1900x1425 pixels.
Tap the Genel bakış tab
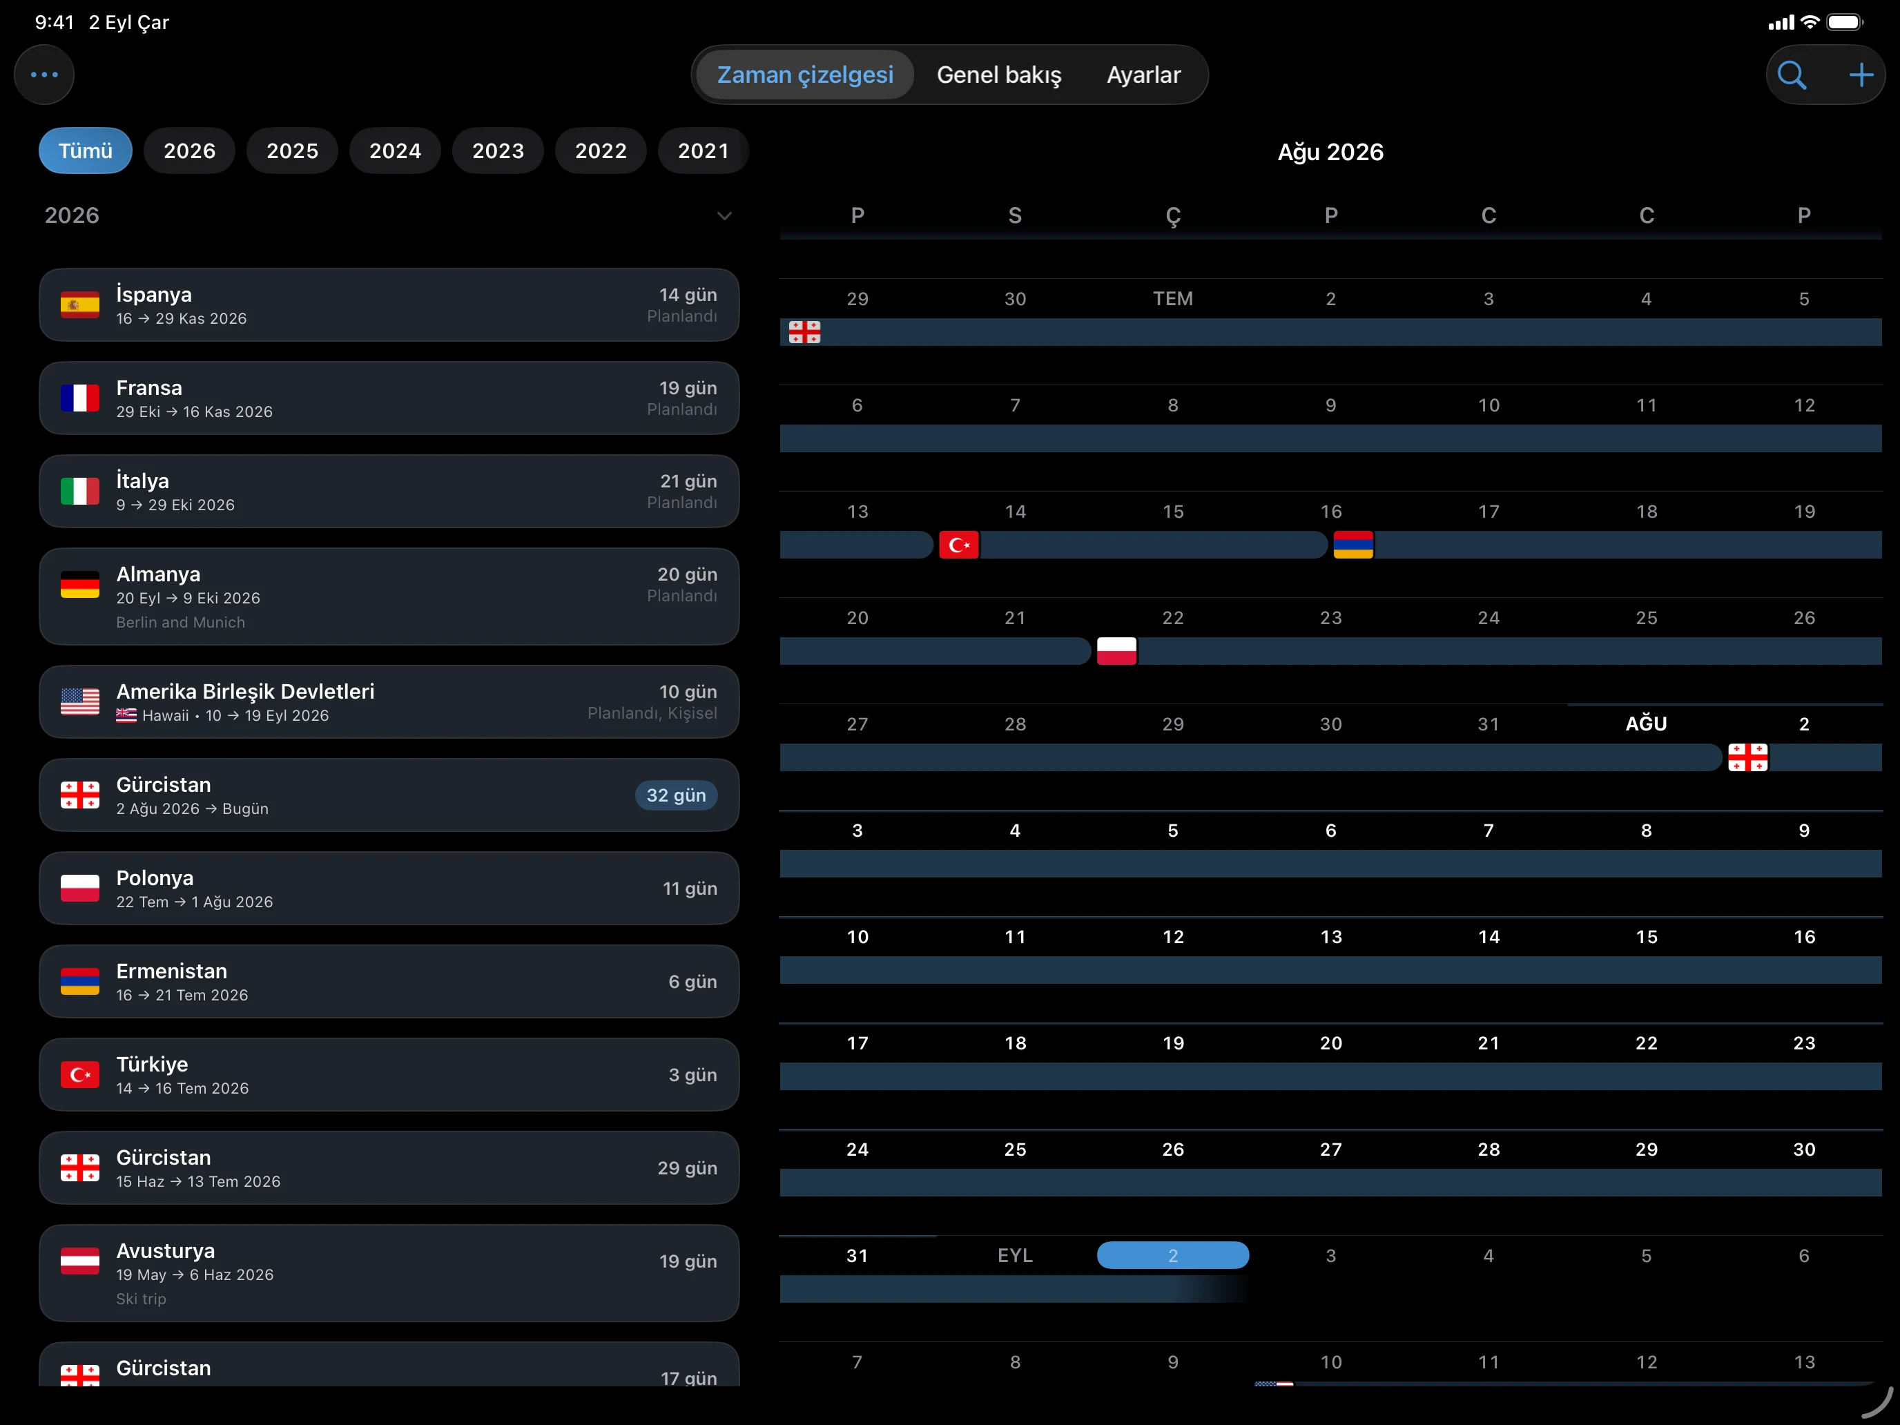pos(998,75)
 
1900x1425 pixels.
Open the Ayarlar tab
pos(1143,75)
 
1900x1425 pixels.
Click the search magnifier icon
pos(1791,75)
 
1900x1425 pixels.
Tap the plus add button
pos(1861,75)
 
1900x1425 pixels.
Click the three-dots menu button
pos(43,75)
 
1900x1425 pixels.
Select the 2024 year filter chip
pos(395,151)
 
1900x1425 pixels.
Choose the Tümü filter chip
pos(85,151)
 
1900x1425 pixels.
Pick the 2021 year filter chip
pos(704,151)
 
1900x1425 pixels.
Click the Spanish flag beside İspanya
pos(80,305)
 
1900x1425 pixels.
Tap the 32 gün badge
pos(676,795)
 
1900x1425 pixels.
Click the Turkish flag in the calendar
pos(958,545)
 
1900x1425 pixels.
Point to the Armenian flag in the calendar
pos(1353,545)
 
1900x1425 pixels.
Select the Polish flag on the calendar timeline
pos(1116,651)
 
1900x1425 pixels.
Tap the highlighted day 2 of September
pos(1172,1255)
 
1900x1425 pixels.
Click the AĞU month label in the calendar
pos(1646,724)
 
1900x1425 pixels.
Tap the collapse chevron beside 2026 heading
pos(724,215)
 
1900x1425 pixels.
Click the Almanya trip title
pos(158,574)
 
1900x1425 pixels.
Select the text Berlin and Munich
pos(180,622)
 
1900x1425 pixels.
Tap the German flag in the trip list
pos(80,585)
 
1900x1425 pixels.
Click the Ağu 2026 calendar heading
pos(1330,152)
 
